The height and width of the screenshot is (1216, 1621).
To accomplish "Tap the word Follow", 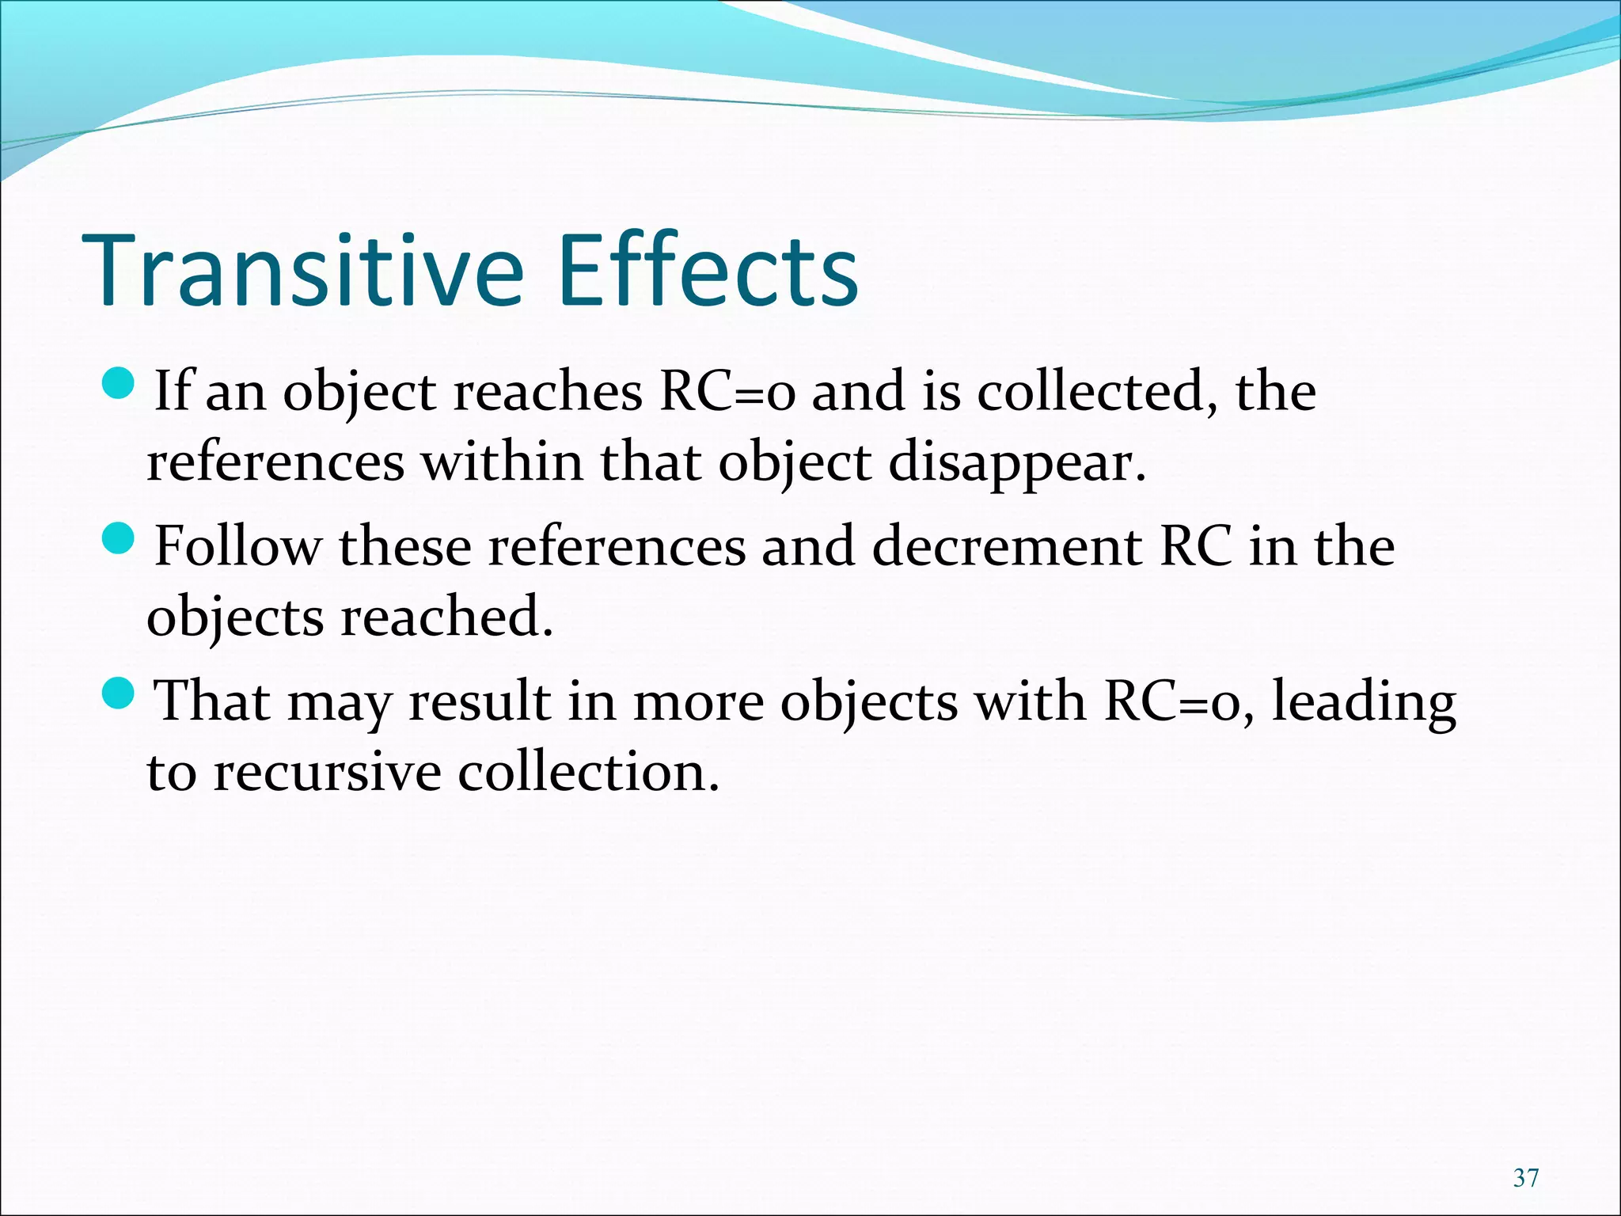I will [x=238, y=546].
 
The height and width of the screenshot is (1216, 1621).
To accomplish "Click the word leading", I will [x=1363, y=703].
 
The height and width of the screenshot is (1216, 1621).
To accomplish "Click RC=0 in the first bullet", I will [x=727, y=391].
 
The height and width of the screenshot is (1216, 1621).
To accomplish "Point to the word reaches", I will [x=547, y=391].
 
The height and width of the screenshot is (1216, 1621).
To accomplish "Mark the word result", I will [x=480, y=701].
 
